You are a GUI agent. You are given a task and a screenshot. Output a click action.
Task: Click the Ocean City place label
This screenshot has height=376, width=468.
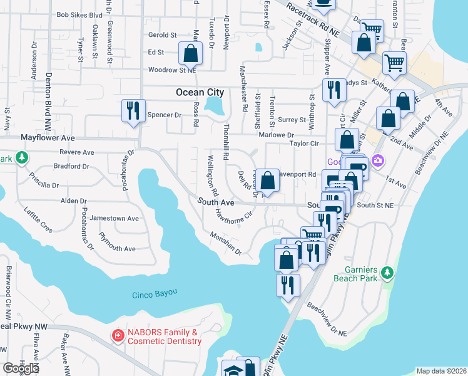(199, 92)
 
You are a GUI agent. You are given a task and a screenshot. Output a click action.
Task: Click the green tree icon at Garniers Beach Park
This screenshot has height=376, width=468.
(388, 272)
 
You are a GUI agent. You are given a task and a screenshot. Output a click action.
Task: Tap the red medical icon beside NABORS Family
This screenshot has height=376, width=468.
(117, 337)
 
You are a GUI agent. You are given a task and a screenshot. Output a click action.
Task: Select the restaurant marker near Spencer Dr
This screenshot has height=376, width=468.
(133, 111)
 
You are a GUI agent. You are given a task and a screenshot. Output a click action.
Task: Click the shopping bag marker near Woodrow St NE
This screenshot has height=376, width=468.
(191, 54)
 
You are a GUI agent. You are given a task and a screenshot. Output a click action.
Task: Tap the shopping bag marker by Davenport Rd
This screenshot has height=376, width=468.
(267, 181)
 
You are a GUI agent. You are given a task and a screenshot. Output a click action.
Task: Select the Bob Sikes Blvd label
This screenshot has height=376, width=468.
(79, 14)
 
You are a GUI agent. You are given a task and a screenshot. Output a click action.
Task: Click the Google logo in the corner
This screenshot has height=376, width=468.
(21, 368)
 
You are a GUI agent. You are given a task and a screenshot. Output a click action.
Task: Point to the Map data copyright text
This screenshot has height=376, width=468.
(440, 371)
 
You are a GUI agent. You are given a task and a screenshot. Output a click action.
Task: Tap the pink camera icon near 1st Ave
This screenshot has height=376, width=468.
(377, 161)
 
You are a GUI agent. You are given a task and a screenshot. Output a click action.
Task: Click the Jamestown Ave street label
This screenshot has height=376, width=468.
(114, 219)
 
